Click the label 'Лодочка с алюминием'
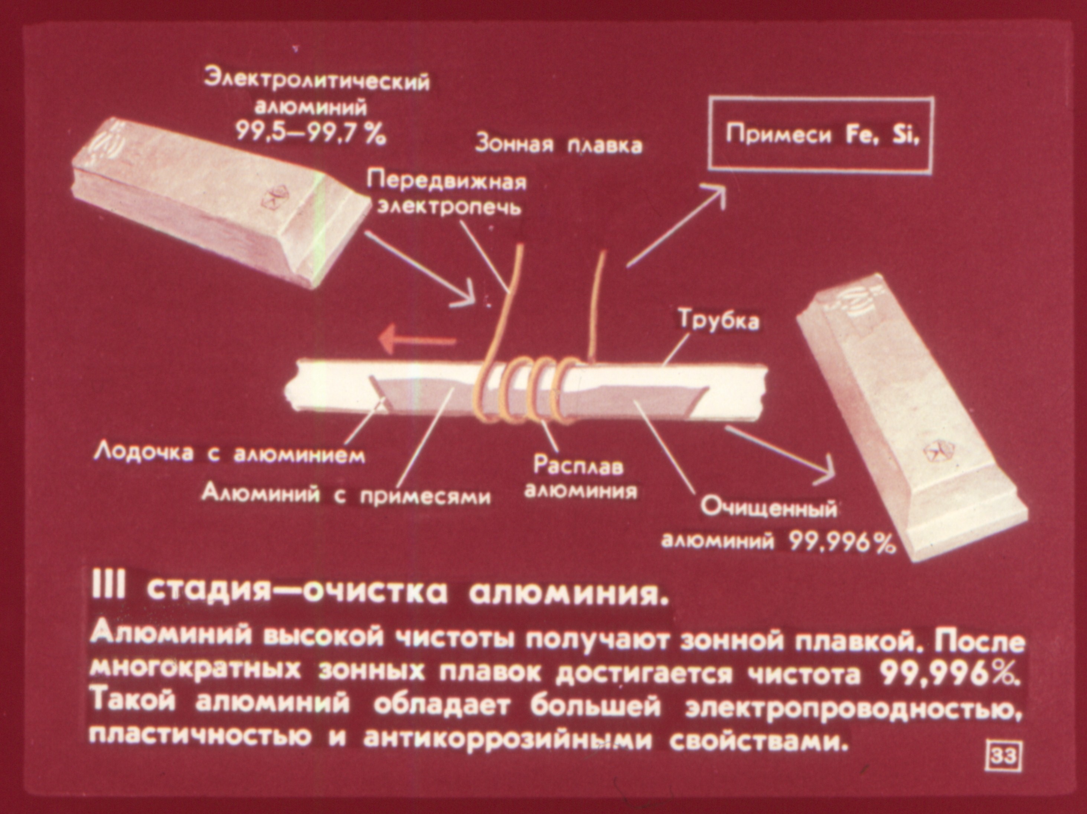coord(229,454)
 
